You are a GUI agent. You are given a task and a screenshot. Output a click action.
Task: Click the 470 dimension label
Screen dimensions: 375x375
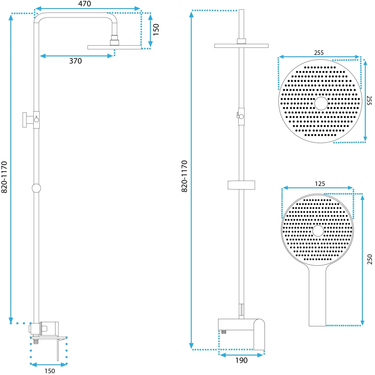coord(84,4)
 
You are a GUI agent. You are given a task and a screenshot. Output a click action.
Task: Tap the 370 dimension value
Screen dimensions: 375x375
coord(76,61)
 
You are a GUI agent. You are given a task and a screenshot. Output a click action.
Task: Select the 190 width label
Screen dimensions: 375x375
coord(242,360)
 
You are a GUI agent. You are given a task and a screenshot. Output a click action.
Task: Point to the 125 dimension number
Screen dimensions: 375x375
coord(320,183)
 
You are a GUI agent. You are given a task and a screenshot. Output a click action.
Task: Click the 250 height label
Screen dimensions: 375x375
coord(370,259)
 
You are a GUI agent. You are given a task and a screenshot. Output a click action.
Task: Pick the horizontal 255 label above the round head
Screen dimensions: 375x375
coord(319,52)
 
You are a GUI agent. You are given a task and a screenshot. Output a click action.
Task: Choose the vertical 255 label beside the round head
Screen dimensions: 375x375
coord(369,100)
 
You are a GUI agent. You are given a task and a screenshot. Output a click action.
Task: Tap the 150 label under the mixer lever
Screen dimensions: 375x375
coord(50,371)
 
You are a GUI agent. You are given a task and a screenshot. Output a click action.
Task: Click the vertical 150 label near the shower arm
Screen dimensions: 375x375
coord(156,30)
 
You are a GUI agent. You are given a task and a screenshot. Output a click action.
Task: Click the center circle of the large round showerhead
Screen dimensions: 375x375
coord(321,103)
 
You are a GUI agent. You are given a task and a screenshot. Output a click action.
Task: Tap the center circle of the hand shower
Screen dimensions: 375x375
coord(318,231)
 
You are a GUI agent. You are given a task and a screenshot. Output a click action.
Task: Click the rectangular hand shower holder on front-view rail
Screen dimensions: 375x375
coord(241,185)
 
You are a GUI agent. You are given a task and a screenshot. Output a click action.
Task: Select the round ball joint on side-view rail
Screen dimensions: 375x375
coord(36,188)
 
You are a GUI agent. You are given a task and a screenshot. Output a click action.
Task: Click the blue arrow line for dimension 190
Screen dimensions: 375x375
coord(241,355)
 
